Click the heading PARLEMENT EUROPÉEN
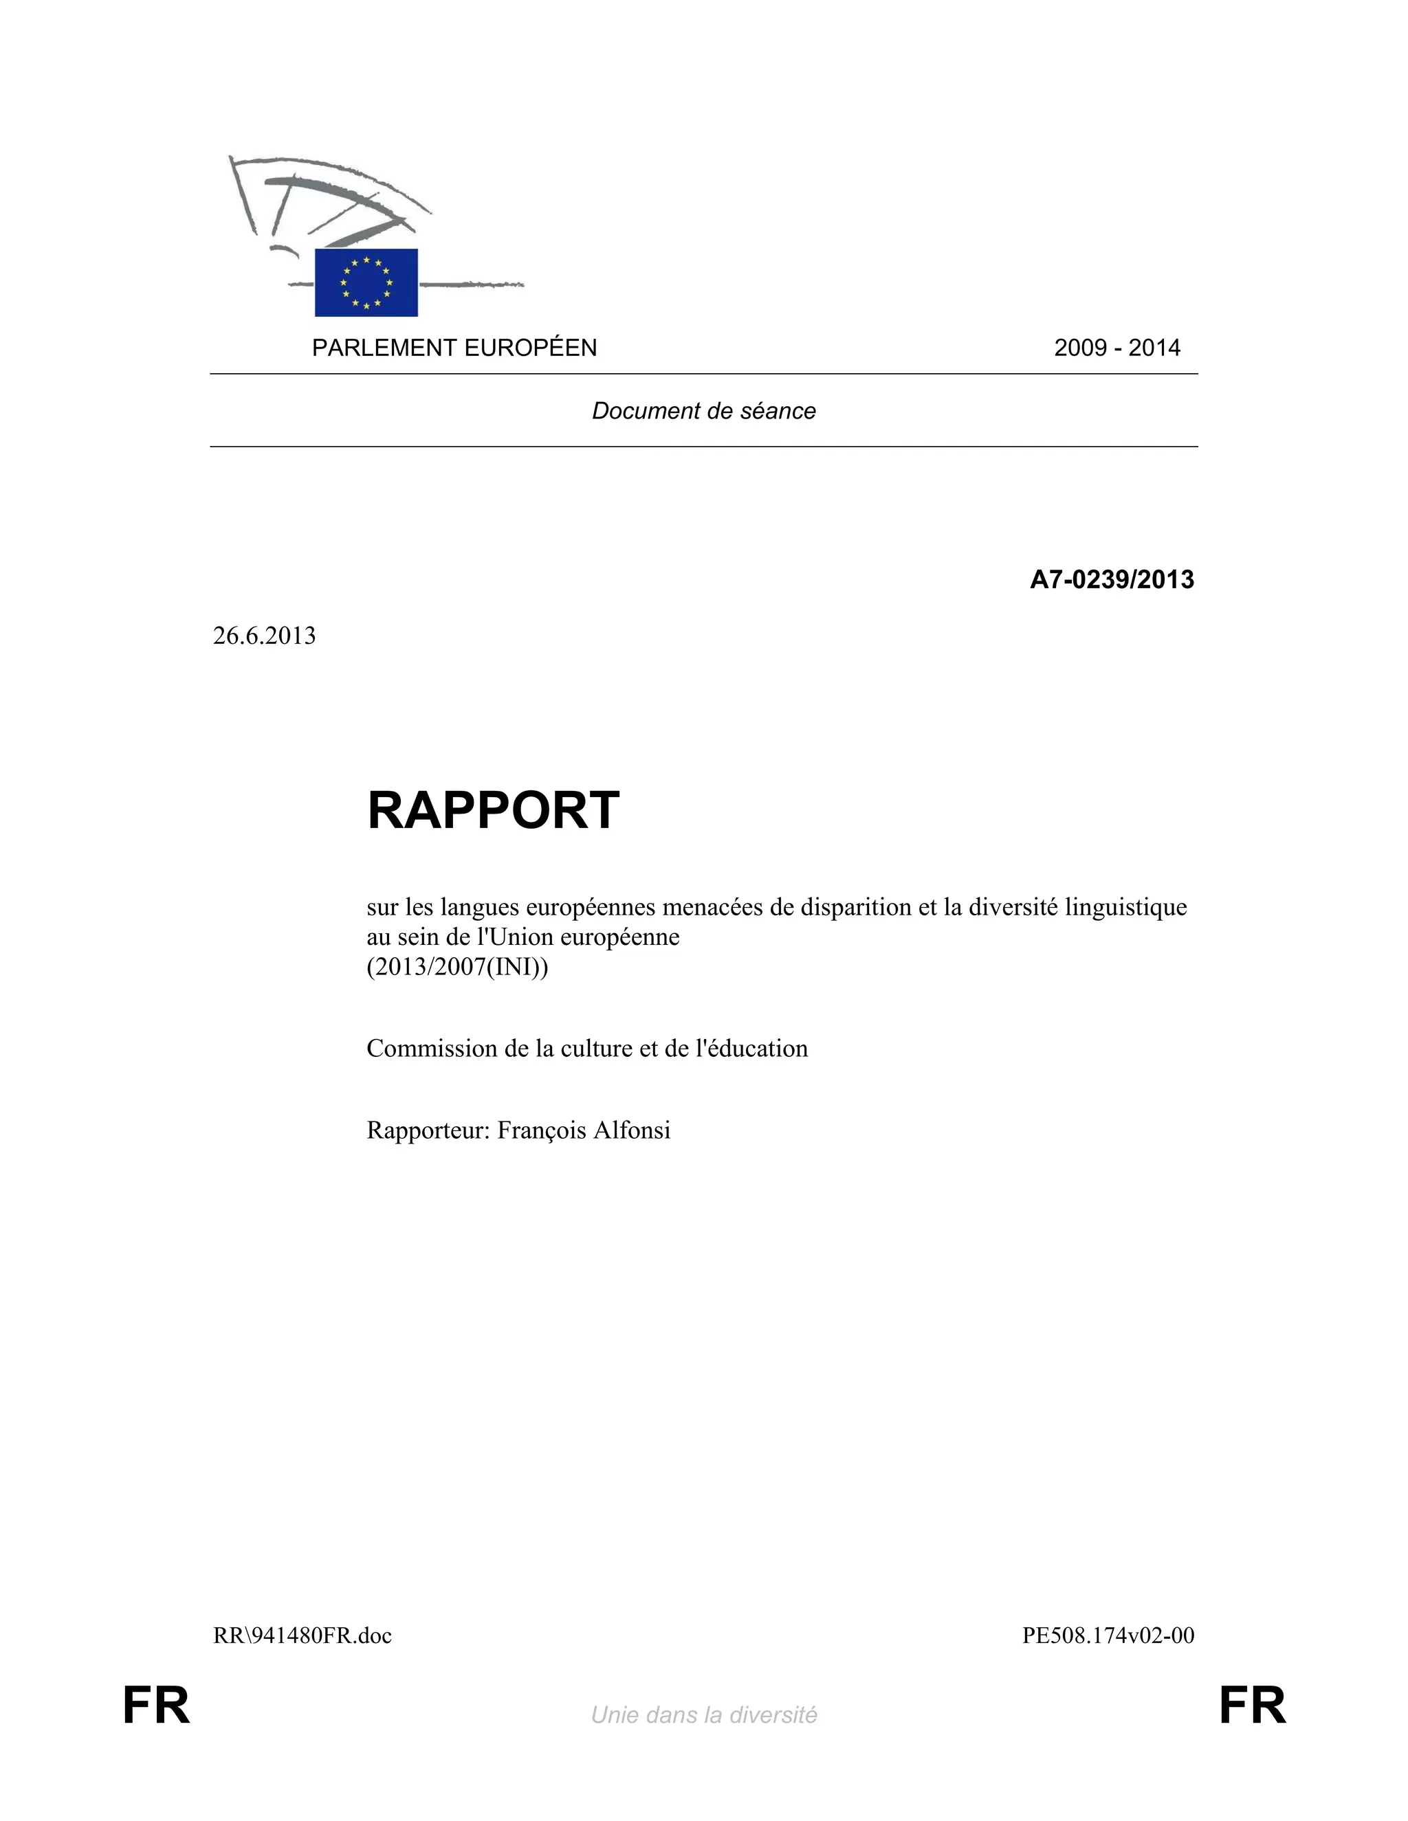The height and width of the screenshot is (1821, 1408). pyautogui.click(x=454, y=348)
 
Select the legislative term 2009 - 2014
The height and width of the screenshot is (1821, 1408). pyautogui.click(x=1117, y=348)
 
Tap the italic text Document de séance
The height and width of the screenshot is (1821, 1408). pyautogui.click(x=703, y=410)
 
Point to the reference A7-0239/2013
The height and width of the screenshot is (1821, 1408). pyautogui.click(x=1111, y=579)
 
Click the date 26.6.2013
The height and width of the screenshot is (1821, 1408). pyautogui.click(x=265, y=636)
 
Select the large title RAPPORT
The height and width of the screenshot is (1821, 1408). pyautogui.click(x=493, y=809)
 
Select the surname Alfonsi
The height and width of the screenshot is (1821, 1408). pyautogui.click(x=631, y=1130)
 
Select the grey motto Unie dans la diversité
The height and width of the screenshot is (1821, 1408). pyautogui.click(x=703, y=1715)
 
